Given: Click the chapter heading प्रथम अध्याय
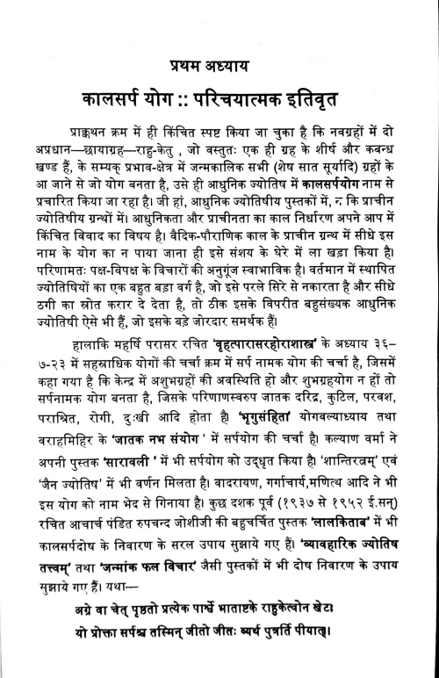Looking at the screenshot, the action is [219, 69].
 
